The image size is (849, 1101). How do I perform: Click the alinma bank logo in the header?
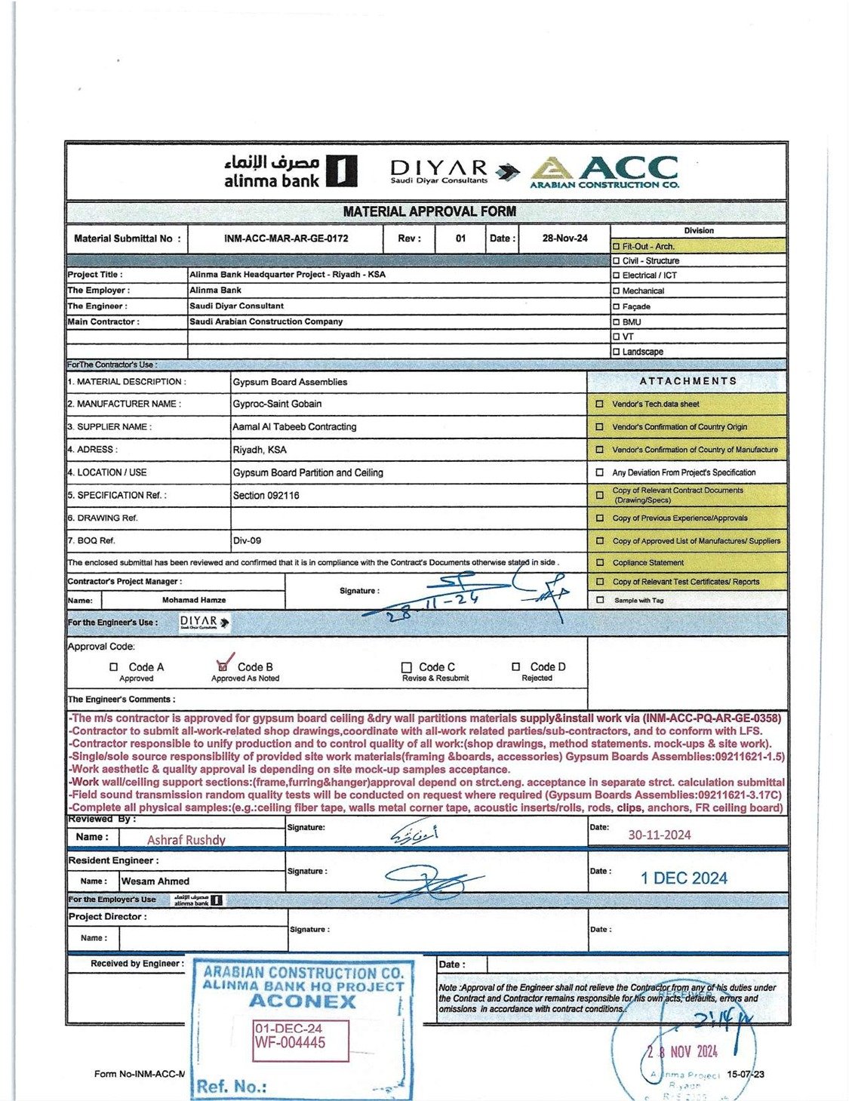pyautogui.click(x=290, y=171)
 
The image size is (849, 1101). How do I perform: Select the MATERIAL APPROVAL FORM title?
pyautogui.click(x=429, y=212)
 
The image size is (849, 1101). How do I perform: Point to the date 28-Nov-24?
pyautogui.click(x=564, y=238)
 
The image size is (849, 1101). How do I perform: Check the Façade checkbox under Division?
pyautogui.click(x=617, y=307)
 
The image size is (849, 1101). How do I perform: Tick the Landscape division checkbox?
pyautogui.click(x=617, y=352)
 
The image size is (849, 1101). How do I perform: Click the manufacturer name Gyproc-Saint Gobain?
pyautogui.click(x=277, y=404)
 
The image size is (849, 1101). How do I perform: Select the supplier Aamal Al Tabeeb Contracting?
pyautogui.click(x=294, y=427)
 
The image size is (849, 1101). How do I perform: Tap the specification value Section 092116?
pyautogui.click(x=266, y=496)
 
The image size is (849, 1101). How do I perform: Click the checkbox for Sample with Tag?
pyautogui.click(x=600, y=601)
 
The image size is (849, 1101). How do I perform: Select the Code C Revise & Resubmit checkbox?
pyautogui.click(x=407, y=668)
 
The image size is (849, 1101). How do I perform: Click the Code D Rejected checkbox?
pyautogui.click(x=516, y=667)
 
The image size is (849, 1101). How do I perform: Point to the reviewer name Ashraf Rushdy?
pyautogui.click(x=186, y=840)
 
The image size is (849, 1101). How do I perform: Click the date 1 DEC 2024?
pyautogui.click(x=684, y=878)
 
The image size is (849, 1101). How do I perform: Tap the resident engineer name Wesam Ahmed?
pyautogui.click(x=155, y=881)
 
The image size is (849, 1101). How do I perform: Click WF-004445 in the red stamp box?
pyautogui.click(x=291, y=1043)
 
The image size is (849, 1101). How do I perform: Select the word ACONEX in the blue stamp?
pyautogui.click(x=302, y=1001)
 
